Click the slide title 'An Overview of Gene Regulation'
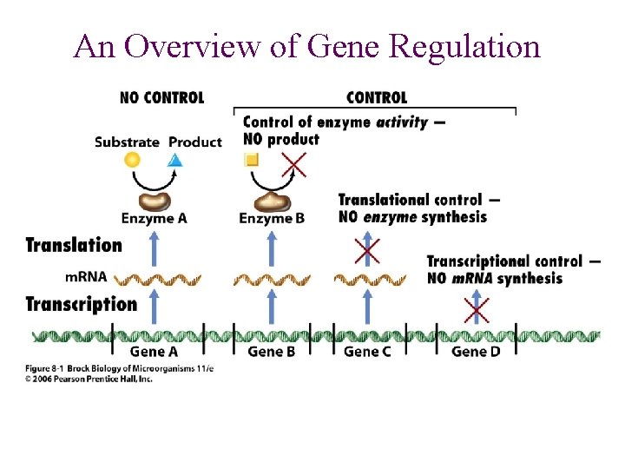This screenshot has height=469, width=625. click(307, 46)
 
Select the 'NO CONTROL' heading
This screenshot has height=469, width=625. click(161, 97)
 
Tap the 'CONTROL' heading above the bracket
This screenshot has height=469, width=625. click(376, 97)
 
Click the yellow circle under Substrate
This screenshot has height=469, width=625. click(132, 160)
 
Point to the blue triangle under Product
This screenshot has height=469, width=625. click(175, 160)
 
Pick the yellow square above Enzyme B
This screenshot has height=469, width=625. click(252, 160)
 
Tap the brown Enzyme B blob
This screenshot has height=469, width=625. click(273, 201)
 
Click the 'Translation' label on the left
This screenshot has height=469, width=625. click(74, 245)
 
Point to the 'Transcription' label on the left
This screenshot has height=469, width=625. click(81, 304)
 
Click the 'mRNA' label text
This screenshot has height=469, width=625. click(86, 278)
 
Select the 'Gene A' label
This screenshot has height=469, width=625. click(154, 352)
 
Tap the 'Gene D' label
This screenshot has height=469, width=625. click(476, 352)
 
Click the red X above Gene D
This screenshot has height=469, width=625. click(476, 309)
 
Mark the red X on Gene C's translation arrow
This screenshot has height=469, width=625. click(368, 251)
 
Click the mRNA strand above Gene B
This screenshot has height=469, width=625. click(272, 280)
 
